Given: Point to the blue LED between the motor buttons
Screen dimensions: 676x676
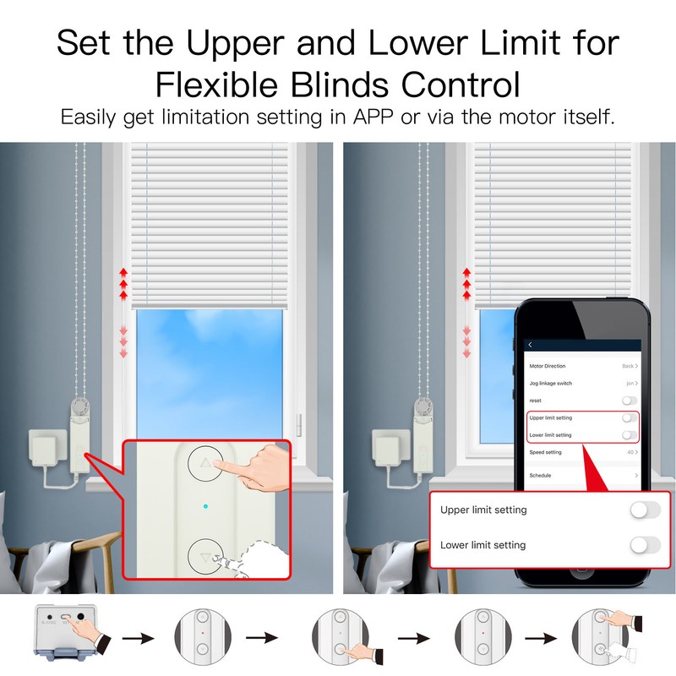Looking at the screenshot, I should coord(205,508).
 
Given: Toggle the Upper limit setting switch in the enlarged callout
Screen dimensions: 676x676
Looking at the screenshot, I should coord(645,510).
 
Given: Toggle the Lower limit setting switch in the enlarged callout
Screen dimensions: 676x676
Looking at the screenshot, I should coord(645,545).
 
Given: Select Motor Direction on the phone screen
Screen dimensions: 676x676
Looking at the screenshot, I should coord(548,366).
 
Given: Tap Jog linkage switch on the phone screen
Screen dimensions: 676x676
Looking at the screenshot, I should coord(550,384).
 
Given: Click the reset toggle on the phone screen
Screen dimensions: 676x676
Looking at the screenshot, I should coord(628,401).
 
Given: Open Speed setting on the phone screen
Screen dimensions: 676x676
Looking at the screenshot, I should coord(545,452).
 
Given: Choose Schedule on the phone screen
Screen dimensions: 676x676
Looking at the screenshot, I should coord(540,476).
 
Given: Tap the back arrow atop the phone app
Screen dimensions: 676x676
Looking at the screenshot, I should coord(531,345).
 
